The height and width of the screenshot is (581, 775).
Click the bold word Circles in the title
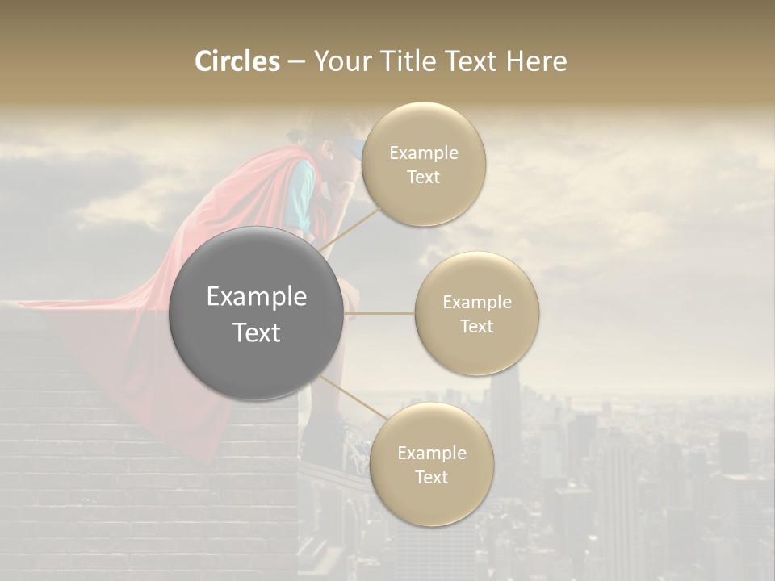point(237,61)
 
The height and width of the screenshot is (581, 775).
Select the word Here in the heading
point(537,61)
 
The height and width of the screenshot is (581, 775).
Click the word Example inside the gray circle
point(257,297)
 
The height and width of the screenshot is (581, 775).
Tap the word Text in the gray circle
point(257,332)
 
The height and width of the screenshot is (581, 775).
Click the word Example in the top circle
point(424,153)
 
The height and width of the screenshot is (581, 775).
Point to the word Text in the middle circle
point(476,326)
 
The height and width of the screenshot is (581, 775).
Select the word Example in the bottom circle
point(432,453)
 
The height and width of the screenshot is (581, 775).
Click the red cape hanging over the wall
point(121,339)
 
